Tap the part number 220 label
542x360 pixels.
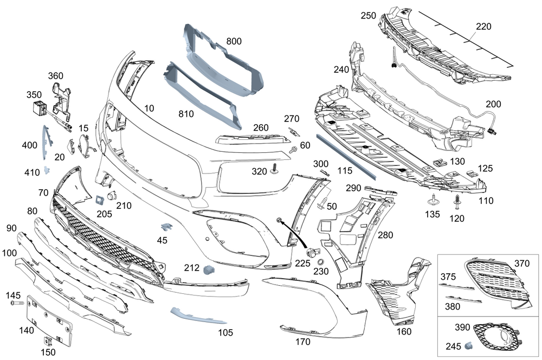[484, 26]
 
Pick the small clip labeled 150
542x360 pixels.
[48, 342]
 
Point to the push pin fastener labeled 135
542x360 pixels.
[434, 200]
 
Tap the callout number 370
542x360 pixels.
[521, 263]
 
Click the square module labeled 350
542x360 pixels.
[38, 107]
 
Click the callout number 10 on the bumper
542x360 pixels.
[149, 108]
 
